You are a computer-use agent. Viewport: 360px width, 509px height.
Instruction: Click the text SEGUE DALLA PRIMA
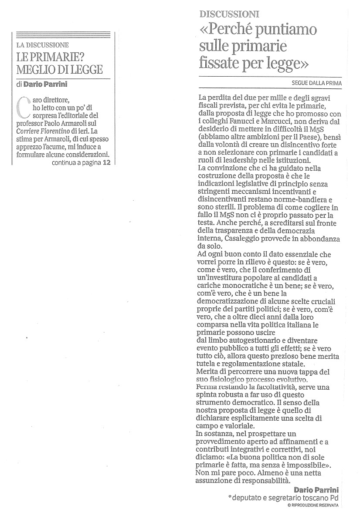coord(317,83)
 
